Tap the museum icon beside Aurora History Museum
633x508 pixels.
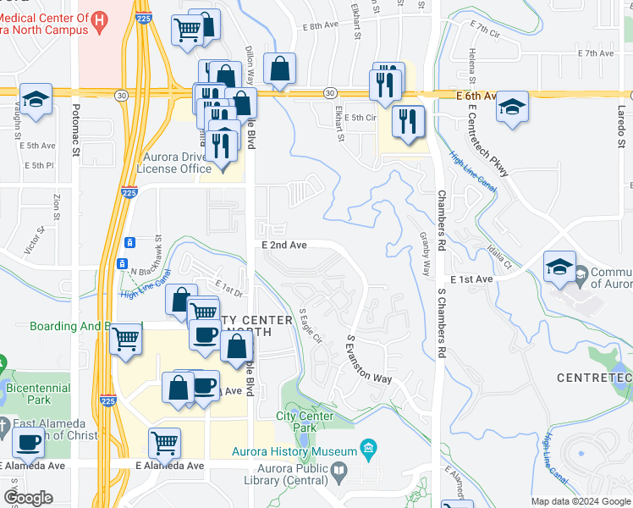(x=368, y=447)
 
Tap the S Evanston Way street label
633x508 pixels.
(x=369, y=358)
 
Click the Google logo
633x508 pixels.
(x=28, y=497)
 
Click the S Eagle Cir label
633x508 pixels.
(x=311, y=326)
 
